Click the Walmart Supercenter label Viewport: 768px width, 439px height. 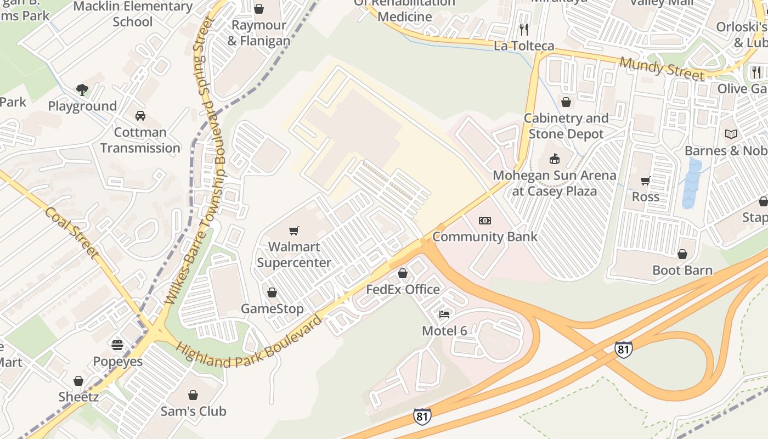294,255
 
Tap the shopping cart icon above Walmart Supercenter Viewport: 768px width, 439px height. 294,230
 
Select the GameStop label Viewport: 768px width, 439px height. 272,309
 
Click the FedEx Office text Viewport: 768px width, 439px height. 403,289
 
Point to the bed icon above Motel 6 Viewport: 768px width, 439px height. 444,314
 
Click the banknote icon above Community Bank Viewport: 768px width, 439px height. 485,221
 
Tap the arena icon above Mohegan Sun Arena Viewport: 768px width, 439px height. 555,159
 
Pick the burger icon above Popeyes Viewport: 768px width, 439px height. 117,345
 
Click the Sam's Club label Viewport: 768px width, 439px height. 193,411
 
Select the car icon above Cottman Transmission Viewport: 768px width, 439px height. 140,116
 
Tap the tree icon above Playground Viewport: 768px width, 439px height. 82,89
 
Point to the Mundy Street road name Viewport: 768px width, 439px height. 662,69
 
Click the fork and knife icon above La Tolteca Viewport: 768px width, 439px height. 524,29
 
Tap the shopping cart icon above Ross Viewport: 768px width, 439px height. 646,181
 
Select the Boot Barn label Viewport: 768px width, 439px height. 682,270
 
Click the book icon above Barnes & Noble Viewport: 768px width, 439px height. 731,134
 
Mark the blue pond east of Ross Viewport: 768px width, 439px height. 692,183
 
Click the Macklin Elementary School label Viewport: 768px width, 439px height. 133,14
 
